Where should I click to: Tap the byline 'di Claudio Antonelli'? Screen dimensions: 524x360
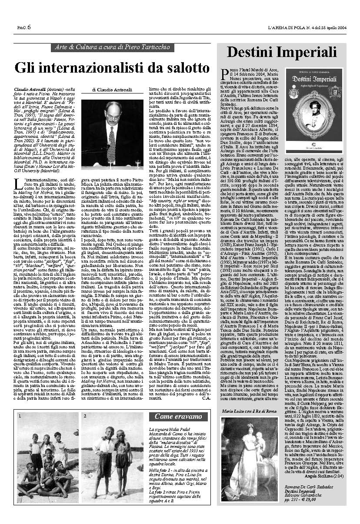pyautogui.click(x=112, y=90)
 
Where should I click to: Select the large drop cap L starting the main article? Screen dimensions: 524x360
pyautogui.click(x=18, y=183)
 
